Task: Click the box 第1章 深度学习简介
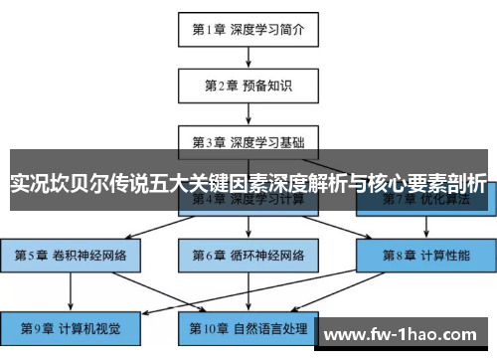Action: point(248,29)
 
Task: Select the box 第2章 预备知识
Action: point(248,86)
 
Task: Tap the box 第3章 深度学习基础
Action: point(248,141)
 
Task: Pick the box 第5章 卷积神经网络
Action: point(71,255)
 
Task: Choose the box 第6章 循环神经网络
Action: point(248,255)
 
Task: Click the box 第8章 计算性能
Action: point(426,255)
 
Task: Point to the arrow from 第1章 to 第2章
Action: point(248,57)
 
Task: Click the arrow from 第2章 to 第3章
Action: point(248,113)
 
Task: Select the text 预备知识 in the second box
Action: point(269,86)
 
